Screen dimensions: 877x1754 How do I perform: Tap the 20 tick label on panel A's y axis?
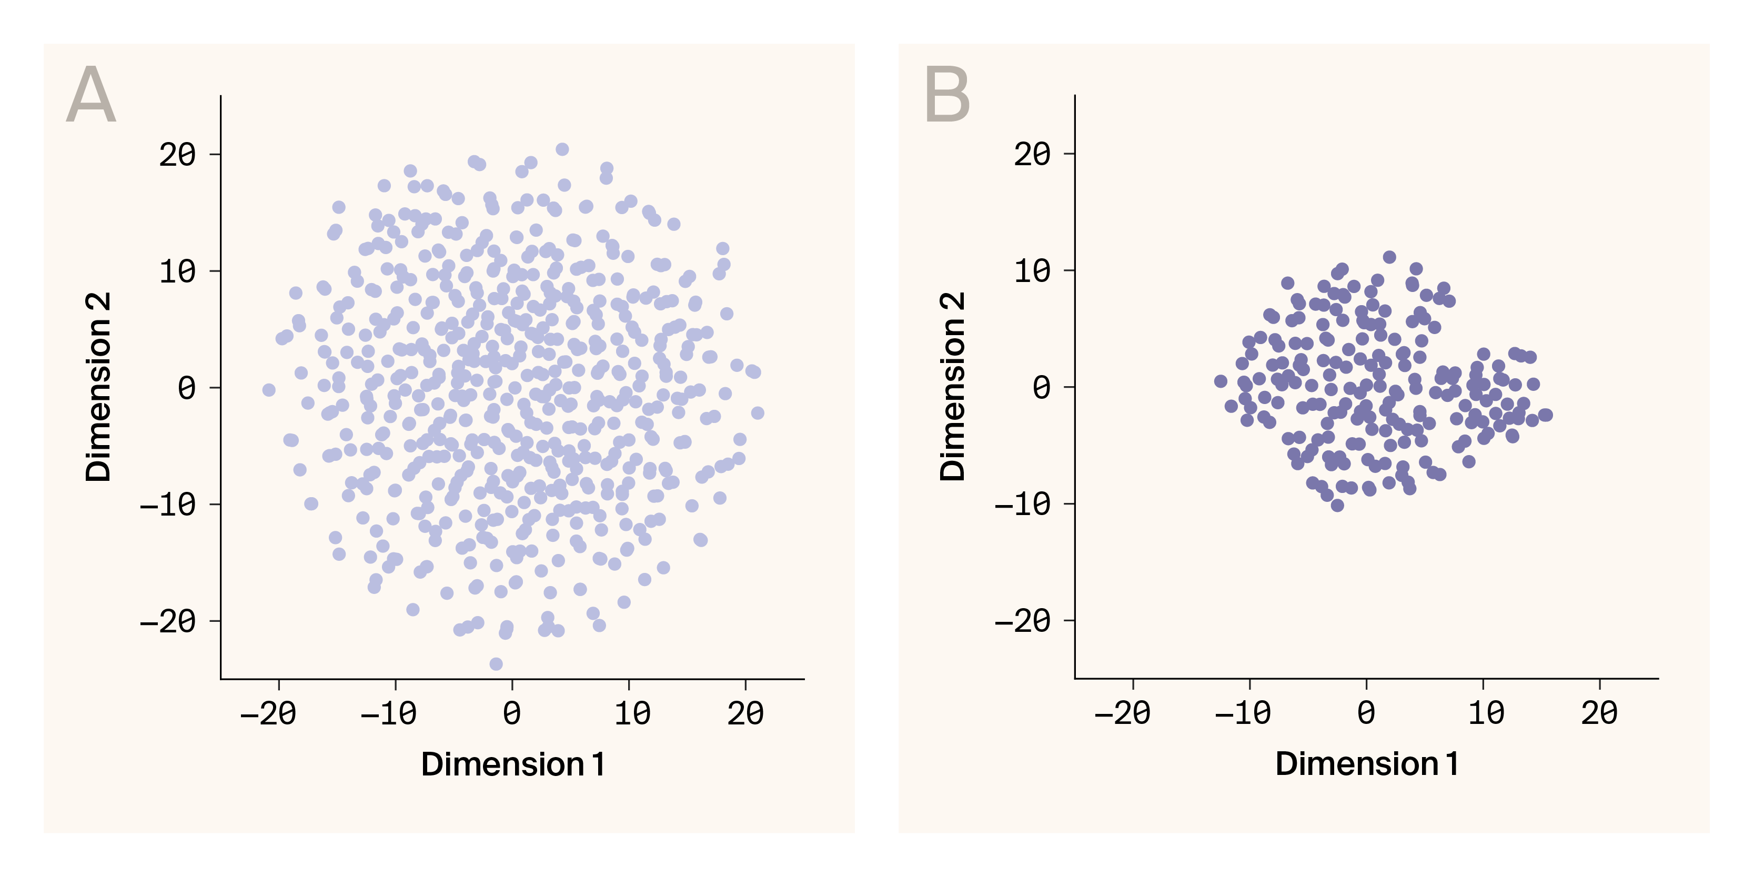(x=177, y=155)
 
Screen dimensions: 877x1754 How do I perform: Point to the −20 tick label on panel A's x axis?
(x=268, y=713)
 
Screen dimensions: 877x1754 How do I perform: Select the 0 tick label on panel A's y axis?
(x=187, y=388)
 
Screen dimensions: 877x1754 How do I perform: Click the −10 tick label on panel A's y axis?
(x=167, y=505)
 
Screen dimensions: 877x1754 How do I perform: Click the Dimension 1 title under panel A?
(x=513, y=764)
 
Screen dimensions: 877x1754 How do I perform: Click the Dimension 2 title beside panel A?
(x=98, y=387)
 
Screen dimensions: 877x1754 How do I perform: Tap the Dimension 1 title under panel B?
(x=1367, y=764)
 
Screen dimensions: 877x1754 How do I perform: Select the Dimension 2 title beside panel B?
(x=953, y=387)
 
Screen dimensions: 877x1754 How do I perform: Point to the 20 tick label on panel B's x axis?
(x=1599, y=713)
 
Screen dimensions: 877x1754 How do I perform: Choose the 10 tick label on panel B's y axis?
(x=1032, y=271)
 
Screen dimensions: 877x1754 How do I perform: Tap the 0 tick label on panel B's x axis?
(x=1366, y=713)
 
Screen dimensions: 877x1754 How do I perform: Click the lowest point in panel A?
(x=497, y=664)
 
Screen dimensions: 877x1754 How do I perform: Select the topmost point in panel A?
(x=562, y=149)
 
